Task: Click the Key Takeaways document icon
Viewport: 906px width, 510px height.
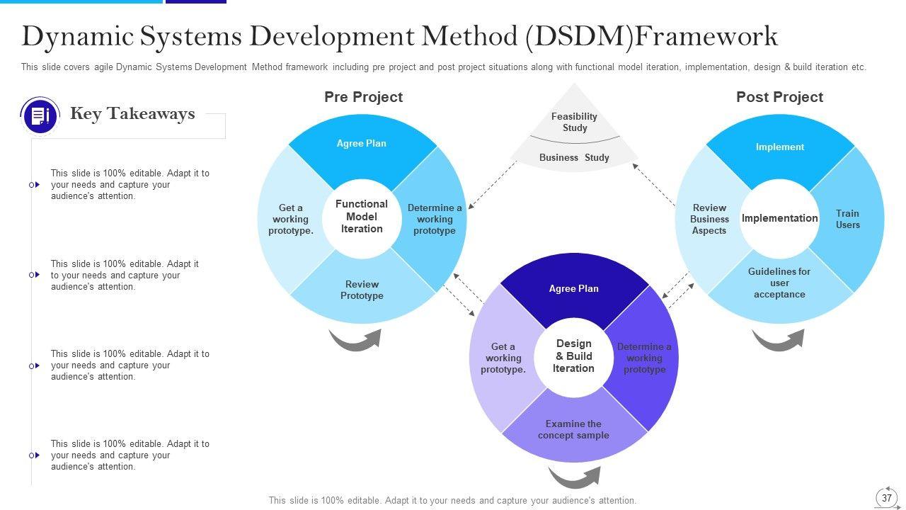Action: [x=40, y=115]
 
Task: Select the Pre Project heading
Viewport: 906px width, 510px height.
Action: [x=363, y=97]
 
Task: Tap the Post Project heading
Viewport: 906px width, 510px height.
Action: [x=779, y=97]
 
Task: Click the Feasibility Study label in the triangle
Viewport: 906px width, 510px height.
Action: [x=574, y=122]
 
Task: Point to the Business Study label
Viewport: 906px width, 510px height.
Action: [x=574, y=157]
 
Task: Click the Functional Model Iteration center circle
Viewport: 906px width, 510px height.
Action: [x=362, y=217]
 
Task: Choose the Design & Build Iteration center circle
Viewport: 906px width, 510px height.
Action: [x=573, y=356]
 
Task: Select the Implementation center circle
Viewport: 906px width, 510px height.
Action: [x=779, y=218]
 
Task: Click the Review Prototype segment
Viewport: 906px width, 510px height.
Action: [x=362, y=290]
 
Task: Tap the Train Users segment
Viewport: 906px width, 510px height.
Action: [x=847, y=219]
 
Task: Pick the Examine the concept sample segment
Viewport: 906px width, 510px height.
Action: [x=573, y=429]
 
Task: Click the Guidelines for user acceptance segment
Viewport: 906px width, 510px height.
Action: [x=779, y=283]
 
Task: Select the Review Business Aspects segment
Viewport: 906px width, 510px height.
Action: [x=709, y=219]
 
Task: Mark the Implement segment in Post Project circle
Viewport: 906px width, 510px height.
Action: [x=779, y=147]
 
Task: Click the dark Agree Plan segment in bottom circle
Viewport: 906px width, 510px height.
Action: [x=573, y=288]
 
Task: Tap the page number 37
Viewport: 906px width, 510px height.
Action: [x=887, y=498]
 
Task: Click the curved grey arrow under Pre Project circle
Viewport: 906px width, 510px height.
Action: [x=355, y=340]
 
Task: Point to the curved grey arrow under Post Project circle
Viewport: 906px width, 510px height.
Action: [x=777, y=340]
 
